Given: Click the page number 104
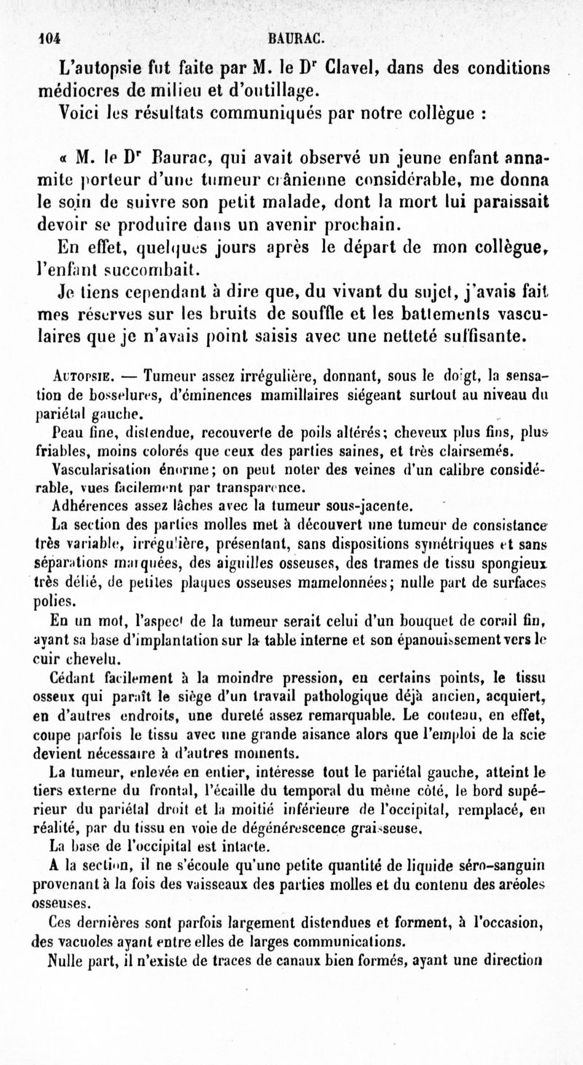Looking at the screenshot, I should point(49,38).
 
